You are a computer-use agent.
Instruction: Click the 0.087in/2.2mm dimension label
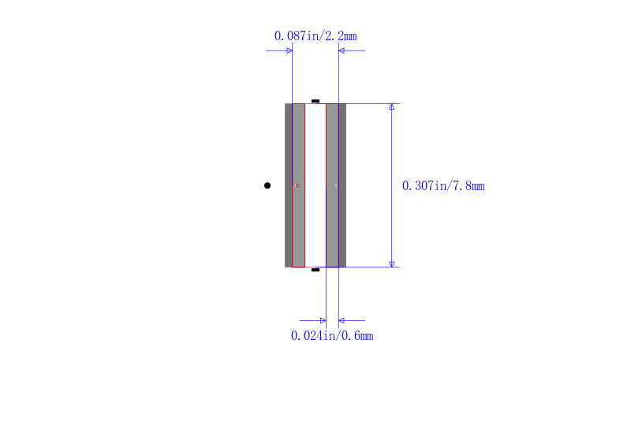(315, 36)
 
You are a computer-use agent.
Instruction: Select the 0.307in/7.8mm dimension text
(443, 186)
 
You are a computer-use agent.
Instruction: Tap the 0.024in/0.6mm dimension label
(332, 335)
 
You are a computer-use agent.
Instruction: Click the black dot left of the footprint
(267, 185)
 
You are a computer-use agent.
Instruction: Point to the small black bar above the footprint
(315, 101)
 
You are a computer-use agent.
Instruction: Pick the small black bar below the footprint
(315, 270)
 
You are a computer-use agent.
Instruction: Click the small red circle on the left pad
(298, 185)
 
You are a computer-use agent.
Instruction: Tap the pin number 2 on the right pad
(335, 185)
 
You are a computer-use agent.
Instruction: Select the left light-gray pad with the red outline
(299, 185)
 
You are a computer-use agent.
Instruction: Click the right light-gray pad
(332, 185)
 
